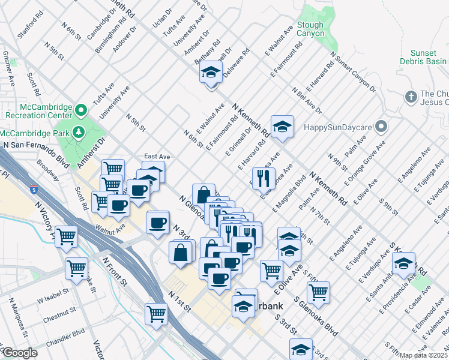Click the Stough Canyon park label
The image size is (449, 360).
pyautogui.click(x=310, y=29)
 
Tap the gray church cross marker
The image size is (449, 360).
pyautogui.click(x=411, y=96)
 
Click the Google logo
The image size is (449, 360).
pyautogui.click(x=20, y=353)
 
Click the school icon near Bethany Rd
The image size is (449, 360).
pyautogui.click(x=211, y=73)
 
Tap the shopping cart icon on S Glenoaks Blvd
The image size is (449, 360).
pyautogui.click(x=318, y=292)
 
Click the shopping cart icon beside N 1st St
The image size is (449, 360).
pyautogui.click(x=156, y=313)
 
